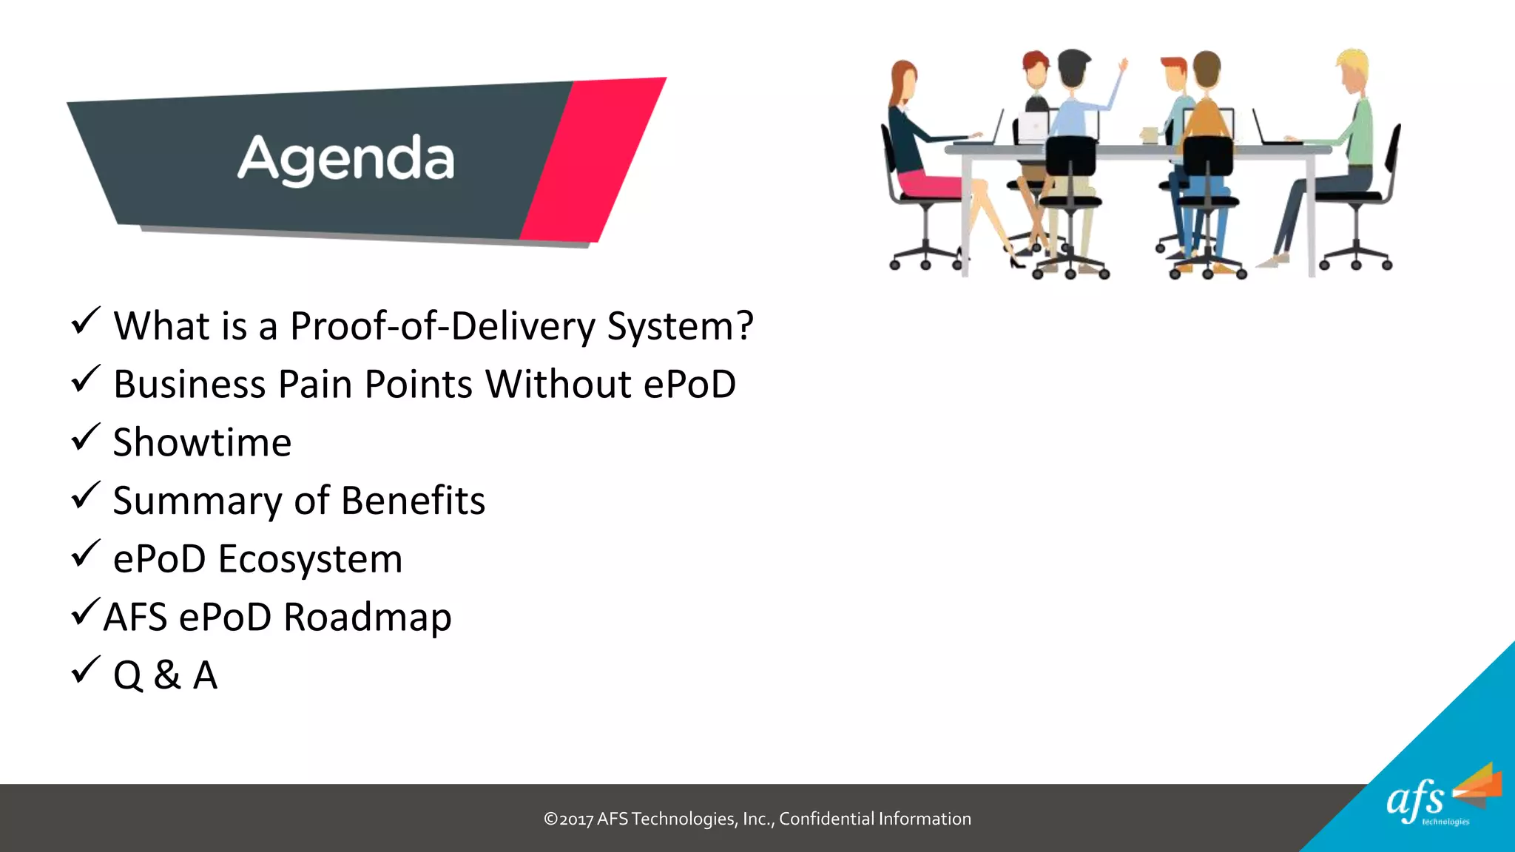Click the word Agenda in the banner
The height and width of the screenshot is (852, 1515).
345,159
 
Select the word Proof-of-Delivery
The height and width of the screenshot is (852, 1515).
442,326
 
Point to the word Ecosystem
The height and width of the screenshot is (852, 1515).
310,559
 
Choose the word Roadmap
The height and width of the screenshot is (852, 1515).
367,618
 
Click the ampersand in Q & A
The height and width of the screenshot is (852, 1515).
167,675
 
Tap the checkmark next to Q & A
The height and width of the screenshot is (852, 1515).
85,670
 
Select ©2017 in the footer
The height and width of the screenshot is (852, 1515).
568,819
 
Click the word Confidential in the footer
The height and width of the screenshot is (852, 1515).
826,819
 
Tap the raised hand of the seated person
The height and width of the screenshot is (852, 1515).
1123,66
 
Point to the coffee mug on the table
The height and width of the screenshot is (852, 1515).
1149,135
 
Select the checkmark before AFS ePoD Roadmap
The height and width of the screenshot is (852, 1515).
85,612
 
